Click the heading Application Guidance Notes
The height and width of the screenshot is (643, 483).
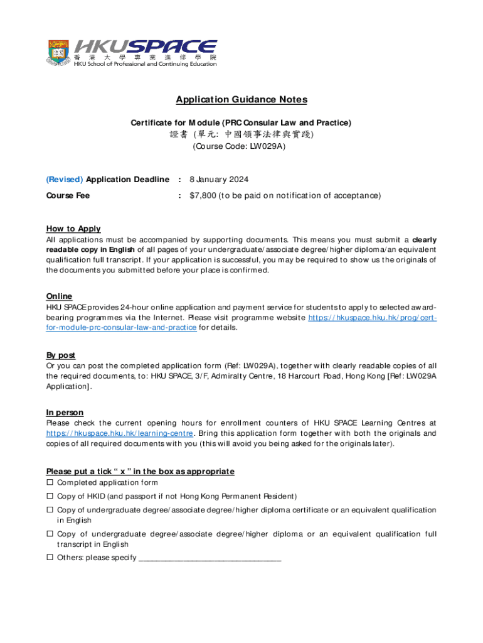pyautogui.click(x=242, y=100)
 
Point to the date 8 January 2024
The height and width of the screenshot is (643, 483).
pyautogui.click(x=219, y=180)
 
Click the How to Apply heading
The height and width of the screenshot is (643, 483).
pyautogui.click(x=73, y=229)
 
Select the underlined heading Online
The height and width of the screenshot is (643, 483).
pyautogui.click(x=59, y=296)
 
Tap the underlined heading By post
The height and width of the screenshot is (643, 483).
pyautogui.click(x=61, y=355)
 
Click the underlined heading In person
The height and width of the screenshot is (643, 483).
pyautogui.click(x=65, y=413)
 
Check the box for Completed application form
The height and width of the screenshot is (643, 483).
pyautogui.click(x=50, y=483)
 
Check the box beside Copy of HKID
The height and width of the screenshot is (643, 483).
pyautogui.click(x=50, y=497)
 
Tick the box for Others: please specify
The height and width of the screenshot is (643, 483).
pyautogui.click(x=50, y=558)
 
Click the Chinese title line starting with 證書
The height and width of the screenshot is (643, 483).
pyautogui.click(x=241, y=134)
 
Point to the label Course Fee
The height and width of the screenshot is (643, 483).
pyautogui.click(x=68, y=195)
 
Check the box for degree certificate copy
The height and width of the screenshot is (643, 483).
pyautogui.click(x=50, y=511)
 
